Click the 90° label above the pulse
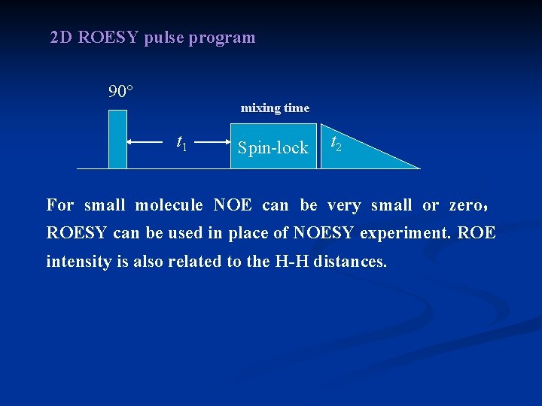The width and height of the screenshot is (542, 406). tap(120, 92)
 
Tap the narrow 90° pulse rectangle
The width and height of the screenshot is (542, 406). tap(118, 139)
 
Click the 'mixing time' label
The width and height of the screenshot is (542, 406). tap(275, 108)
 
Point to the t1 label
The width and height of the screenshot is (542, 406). tap(181, 141)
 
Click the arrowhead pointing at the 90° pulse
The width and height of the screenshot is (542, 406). tap(132, 141)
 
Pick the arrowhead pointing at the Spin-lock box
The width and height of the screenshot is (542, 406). tap(227, 141)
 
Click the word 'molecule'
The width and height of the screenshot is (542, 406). tap(169, 205)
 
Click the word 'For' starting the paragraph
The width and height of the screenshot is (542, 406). tap(60, 205)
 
